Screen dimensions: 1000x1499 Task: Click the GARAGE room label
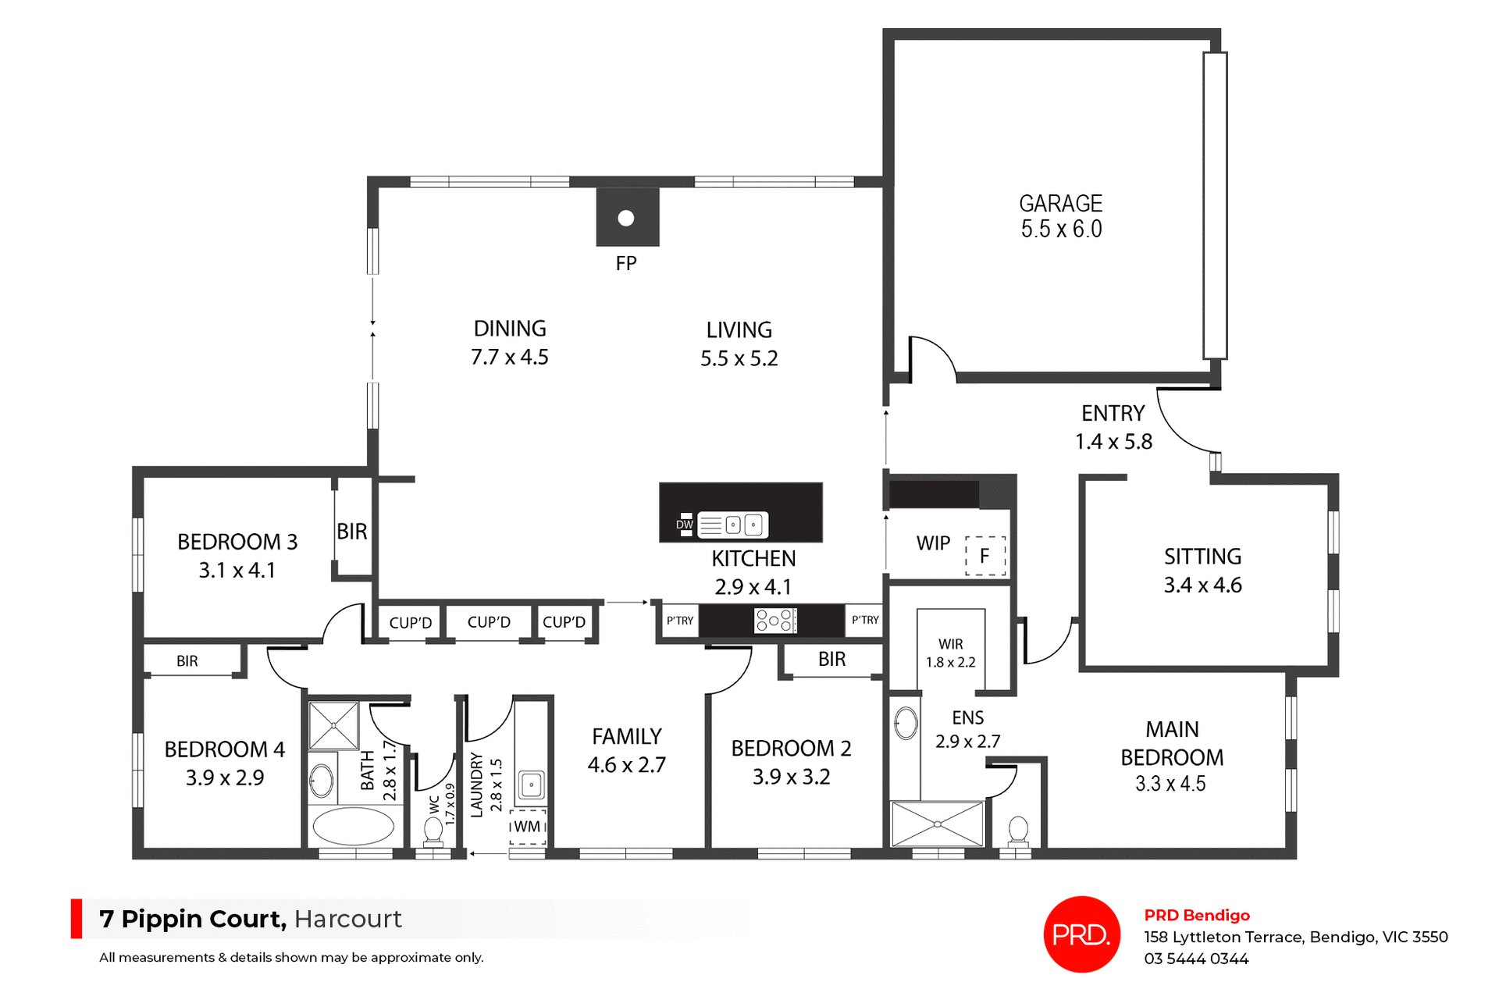1060,204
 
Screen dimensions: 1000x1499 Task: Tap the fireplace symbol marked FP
627,218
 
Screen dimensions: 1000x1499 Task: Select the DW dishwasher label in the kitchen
685,525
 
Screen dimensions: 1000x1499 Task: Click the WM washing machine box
528,827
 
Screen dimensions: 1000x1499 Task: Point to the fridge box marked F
985,556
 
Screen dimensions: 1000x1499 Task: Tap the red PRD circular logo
1081,934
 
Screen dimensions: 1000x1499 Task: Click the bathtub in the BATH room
353,826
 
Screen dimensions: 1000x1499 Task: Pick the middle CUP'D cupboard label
489,622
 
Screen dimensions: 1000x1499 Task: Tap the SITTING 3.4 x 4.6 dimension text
1202,585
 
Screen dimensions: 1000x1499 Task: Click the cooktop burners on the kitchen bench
775,621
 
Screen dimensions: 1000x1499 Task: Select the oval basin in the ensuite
906,724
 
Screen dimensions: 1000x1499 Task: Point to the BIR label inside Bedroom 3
351,532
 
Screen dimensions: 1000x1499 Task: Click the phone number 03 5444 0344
1196,959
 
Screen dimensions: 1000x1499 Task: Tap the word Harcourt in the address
348,919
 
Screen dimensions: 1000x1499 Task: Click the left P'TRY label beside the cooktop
679,621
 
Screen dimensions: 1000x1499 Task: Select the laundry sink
531,785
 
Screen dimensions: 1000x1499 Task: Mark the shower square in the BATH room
333,726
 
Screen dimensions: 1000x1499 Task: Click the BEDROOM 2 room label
791,748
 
